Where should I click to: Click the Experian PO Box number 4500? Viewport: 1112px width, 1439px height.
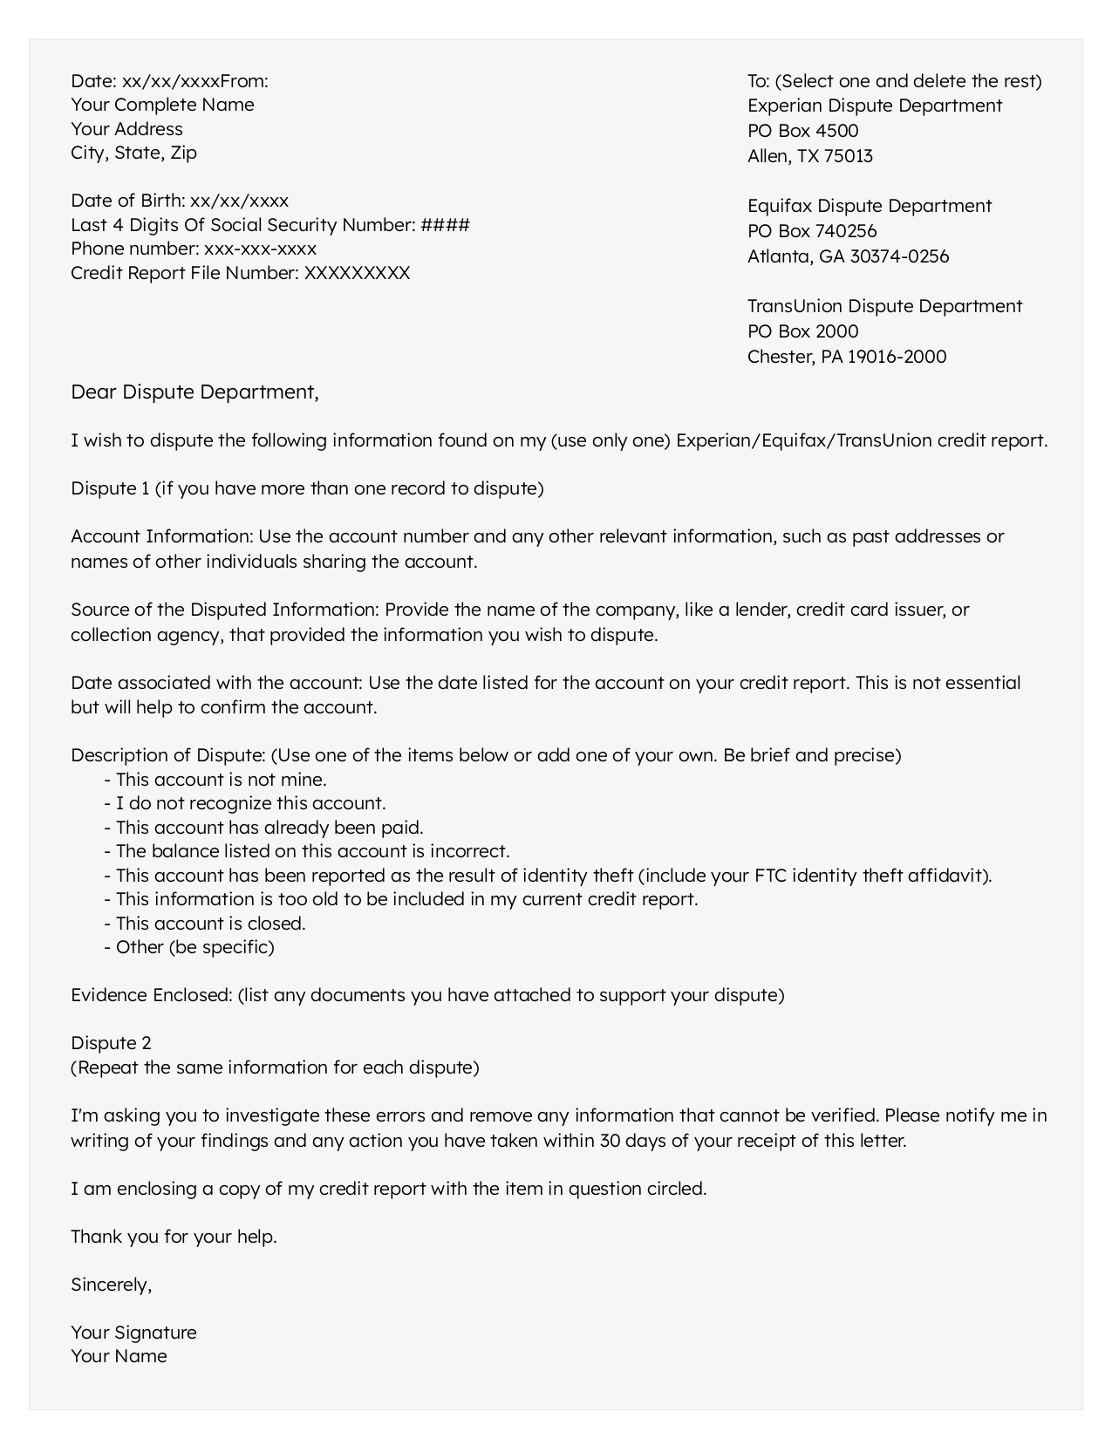(836, 131)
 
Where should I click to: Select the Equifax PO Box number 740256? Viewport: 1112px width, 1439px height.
(846, 231)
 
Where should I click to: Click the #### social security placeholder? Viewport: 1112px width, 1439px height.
(445, 225)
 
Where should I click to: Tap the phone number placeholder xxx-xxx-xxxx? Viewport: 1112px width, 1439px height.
(260, 249)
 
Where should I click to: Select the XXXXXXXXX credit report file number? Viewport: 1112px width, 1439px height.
(357, 273)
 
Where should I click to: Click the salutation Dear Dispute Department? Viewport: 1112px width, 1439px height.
(194, 392)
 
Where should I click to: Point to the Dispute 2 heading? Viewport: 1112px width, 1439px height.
(111, 1043)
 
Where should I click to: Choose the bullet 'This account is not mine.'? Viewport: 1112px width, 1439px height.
(221, 780)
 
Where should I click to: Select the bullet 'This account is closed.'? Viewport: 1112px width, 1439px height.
(210, 924)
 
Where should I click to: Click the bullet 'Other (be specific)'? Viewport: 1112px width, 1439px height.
(194, 947)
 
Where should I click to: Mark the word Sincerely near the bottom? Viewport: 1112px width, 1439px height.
(111, 1285)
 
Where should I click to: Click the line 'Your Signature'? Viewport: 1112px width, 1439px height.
(133, 1333)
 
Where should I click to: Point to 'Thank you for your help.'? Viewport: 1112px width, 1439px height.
(174, 1237)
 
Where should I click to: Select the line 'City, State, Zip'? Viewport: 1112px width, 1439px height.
(133, 153)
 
